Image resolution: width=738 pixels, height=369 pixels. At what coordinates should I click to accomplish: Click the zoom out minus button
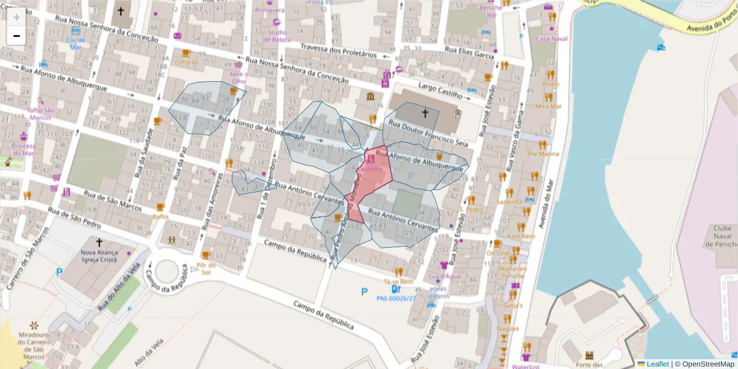17,36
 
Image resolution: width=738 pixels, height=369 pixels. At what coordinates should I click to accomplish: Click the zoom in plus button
17,17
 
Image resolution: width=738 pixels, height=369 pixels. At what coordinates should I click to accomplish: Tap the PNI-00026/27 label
396,299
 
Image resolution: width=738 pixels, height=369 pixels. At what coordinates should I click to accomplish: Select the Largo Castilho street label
440,91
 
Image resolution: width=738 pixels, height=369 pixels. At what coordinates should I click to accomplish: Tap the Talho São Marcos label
40,114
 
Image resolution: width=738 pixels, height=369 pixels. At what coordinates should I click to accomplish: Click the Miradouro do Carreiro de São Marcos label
34,345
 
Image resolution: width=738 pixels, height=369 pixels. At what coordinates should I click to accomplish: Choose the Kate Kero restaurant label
521,236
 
